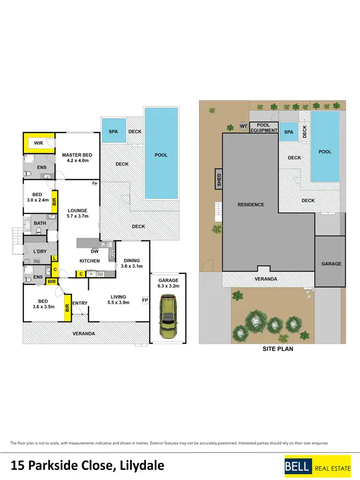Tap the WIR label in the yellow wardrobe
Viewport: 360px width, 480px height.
pos(38,143)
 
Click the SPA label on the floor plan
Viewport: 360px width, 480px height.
pos(113,131)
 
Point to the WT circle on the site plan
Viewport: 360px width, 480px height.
pos(243,126)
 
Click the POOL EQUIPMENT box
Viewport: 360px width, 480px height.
pos(264,128)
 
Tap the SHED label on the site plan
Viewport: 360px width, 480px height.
pos(219,180)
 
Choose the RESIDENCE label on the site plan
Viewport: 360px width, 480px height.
pos(251,204)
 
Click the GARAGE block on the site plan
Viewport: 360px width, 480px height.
pos(331,263)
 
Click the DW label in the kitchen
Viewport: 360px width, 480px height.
pos(95,251)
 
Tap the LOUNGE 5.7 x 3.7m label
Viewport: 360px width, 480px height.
pos(77,214)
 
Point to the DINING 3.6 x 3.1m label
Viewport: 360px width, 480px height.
pos(132,264)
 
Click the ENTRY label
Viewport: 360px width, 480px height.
pos(80,303)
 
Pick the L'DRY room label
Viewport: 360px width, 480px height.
pos(39,252)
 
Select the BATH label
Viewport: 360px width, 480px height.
pos(40,223)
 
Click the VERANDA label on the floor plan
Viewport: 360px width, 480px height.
pos(84,333)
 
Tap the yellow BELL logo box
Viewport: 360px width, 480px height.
pos(298,465)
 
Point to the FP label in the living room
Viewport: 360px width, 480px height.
pos(144,300)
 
